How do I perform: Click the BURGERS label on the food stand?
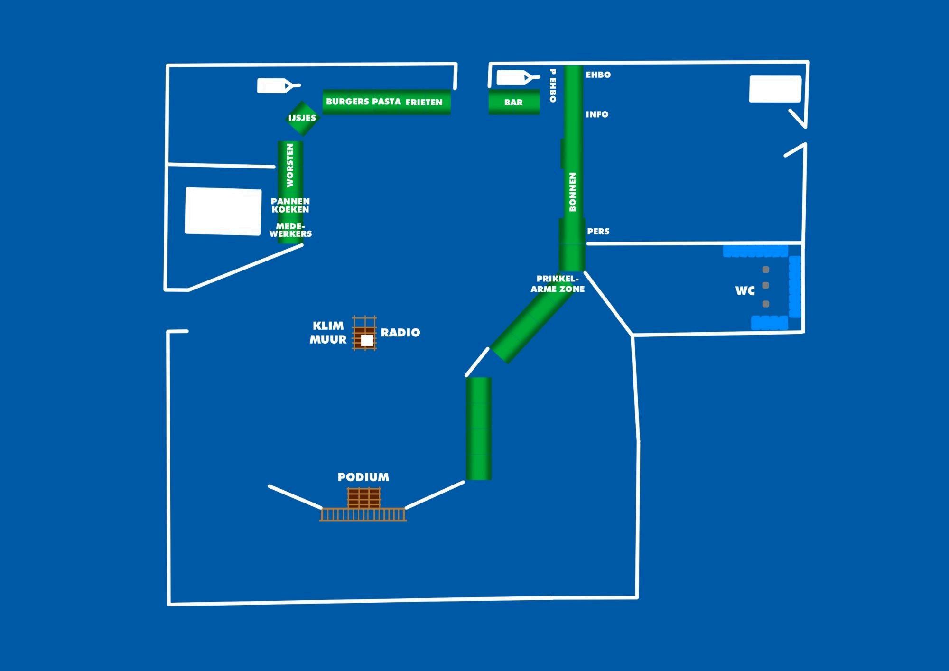click(x=347, y=102)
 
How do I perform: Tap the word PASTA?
click(x=386, y=102)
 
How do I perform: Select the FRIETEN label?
click(x=424, y=102)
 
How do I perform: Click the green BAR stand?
click(x=514, y=102)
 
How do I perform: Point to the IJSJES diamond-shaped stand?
click(x=302, y=118)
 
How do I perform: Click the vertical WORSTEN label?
click(x=290, y=165)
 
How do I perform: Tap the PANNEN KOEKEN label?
click(x=290, y=205)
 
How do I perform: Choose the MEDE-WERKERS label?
click(x=290, y=230)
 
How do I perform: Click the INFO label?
click(x=597, y=114)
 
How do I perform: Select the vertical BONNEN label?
click(x=572, y=192)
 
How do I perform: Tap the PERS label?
click(x=598, y=232)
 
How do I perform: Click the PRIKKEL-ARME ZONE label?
click(x=558, y=284)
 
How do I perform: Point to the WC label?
click(x=745, y=291)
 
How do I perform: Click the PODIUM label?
click(x=363, y=477)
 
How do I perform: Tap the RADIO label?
click(x=400, y=333)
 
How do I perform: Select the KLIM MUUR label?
click(x=328, y=333)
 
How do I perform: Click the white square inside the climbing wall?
click(x=367, y=340)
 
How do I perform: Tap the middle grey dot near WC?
click(x=765, y=286)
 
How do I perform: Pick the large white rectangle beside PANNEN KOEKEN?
click(x=223, y=211)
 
